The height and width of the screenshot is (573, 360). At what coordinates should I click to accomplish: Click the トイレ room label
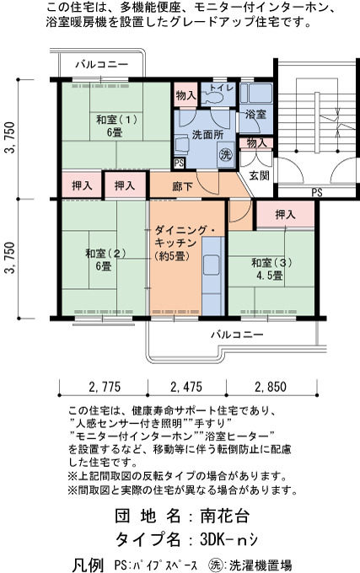221,88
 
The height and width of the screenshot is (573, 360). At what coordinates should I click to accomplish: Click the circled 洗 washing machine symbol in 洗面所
226,154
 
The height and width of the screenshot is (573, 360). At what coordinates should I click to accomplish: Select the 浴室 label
255,115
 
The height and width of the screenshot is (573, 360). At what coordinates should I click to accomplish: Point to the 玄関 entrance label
259,175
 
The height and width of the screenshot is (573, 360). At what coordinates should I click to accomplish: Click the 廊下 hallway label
182,186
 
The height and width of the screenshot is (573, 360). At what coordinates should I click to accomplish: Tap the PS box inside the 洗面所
179,163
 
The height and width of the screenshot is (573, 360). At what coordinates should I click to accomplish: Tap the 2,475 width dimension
186,387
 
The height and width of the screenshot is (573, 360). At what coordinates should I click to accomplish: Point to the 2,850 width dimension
271,387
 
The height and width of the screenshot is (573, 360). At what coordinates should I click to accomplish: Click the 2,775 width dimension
105,387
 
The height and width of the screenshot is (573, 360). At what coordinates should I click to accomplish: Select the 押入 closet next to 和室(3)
285,214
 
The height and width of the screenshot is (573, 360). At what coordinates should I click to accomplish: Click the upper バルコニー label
102,65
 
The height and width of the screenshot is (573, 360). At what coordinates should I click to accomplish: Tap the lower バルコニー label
237,335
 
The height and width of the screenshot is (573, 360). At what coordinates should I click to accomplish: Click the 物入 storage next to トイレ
186,95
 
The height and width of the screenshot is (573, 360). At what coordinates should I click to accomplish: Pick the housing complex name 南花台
225,516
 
